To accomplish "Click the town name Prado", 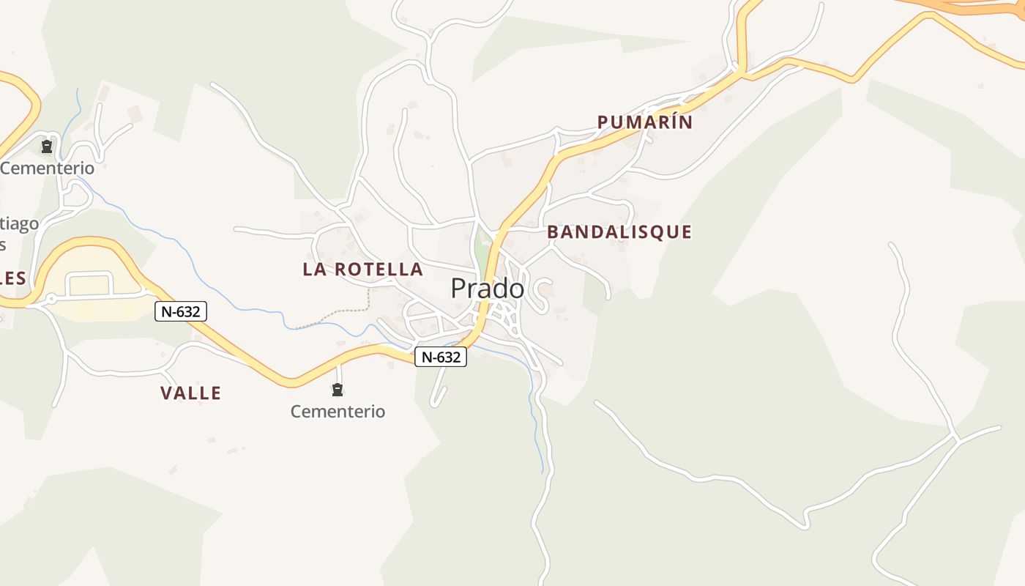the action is [x=487, y=289].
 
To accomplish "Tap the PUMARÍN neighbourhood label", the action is [x=644, y=122].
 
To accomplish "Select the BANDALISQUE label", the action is [x=619, y=232].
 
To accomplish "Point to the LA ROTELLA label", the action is [x=362, y=270].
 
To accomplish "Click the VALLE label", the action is [x=190, y=393].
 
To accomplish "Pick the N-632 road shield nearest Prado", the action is [x=441, y=357].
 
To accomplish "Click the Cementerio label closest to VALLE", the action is [x=338, y=412].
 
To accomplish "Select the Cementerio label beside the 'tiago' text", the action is [x=48, y=168].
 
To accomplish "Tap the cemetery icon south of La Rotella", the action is [x=338, y=390].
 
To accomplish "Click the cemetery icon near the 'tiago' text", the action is [x=48, y=147].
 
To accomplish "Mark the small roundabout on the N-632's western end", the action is [x=51, y=300].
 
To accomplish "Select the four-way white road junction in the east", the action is [x=956, y=439].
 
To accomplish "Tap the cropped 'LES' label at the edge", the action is [x=13, y=278].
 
